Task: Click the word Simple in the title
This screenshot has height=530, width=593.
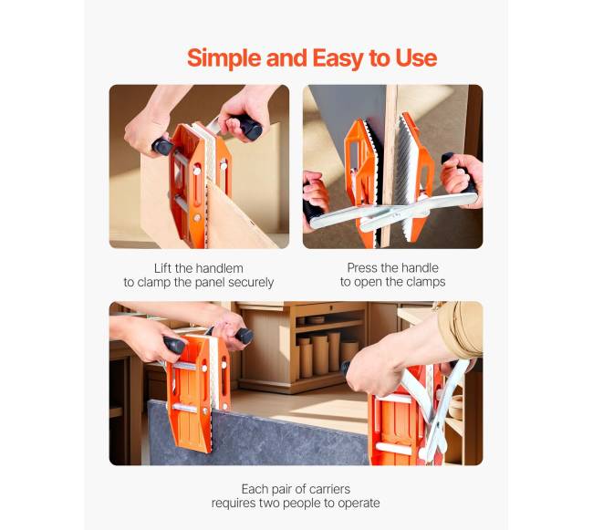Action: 224,58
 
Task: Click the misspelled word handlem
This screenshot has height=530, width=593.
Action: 219,268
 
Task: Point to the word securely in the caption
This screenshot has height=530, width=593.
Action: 251,283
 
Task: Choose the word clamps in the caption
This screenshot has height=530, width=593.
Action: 426,282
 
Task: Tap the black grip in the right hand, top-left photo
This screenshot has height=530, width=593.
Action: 249,126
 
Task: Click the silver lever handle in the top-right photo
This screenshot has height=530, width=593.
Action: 393,212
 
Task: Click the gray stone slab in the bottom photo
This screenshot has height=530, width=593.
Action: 257,435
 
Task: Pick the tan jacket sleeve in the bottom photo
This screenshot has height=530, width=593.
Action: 461,328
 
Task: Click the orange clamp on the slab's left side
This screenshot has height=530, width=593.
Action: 198,393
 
